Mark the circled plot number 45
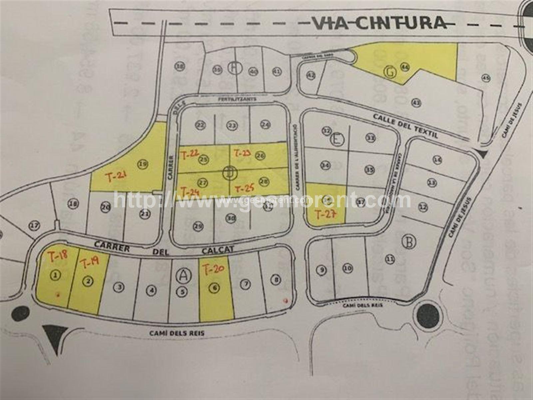point(485,78)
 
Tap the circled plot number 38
point(180,67)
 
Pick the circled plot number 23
point(232,125)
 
